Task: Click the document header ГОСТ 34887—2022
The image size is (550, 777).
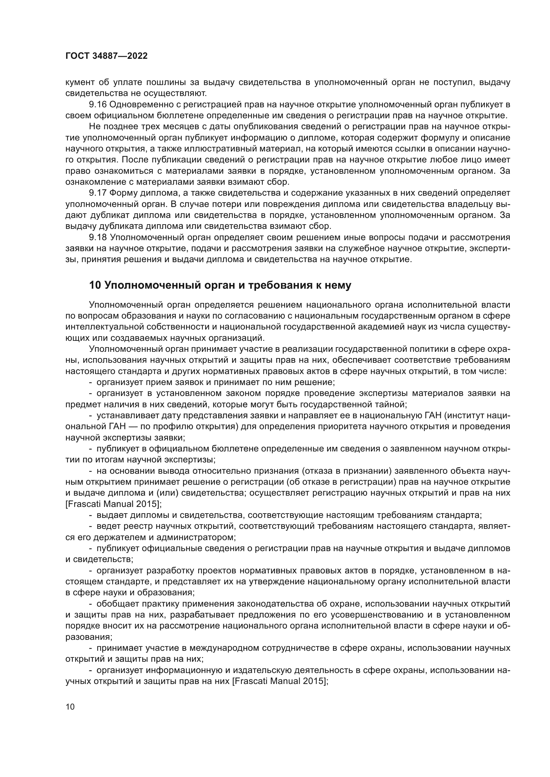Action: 106,56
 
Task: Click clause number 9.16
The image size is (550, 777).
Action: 97,104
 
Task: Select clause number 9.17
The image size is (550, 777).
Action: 97,193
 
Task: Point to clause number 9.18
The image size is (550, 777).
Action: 97,237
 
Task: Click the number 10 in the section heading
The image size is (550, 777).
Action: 95,285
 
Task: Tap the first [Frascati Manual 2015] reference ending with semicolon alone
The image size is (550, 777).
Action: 113,504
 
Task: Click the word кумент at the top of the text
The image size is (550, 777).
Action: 80,82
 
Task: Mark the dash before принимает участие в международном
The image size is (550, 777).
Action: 90,648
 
